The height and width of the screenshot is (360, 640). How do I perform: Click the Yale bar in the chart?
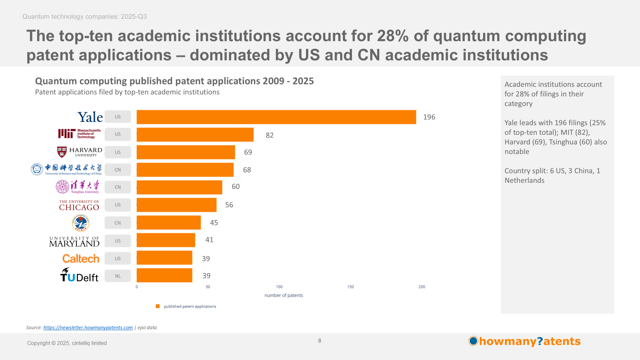coord(276,117)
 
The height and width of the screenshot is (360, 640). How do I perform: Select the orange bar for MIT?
coord(195,135)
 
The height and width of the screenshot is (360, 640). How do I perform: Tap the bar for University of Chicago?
coord(176,205)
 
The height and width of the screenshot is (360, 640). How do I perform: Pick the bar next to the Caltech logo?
coord(164,258)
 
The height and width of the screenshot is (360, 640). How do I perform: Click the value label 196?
coord(429,117)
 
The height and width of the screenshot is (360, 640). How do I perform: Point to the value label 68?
coord(247,170)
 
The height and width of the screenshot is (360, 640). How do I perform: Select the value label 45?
coord(214,223)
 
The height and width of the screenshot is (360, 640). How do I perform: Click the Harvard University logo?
coord(80,152)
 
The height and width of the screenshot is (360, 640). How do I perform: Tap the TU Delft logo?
coord(79,275)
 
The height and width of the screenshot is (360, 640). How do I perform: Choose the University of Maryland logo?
coord(74,242)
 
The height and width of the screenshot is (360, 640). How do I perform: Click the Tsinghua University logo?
coord(78,187)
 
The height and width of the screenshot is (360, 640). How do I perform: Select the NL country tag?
coord(118,276)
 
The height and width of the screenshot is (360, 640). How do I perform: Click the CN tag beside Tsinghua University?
coord(118,187)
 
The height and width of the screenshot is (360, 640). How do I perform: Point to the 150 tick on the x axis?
coord(350,287)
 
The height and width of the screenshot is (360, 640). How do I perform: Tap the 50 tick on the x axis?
coord(208,287)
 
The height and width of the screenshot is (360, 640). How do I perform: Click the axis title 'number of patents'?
coord(284,296)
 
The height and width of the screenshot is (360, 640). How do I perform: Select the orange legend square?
coord(158,306)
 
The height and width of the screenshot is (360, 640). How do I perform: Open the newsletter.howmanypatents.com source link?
coord(88,328)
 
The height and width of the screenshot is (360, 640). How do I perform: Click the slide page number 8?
coord(320,341)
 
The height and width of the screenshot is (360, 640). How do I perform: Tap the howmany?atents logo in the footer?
coord(524,341)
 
